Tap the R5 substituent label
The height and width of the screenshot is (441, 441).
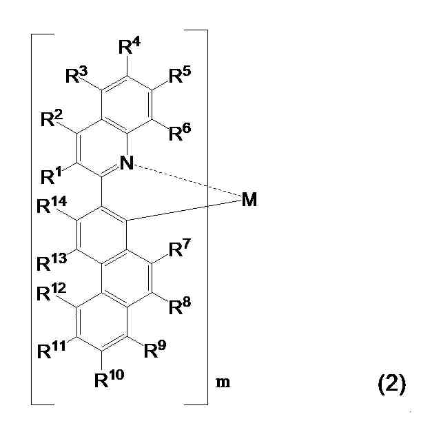(181, 74)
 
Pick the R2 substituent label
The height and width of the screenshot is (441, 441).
(51, 120)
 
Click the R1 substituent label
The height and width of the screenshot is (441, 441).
(51, 176)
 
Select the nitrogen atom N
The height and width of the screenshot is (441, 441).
(125, 163)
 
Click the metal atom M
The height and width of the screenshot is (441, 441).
(249, 200)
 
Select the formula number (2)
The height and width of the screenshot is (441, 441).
(391, 384)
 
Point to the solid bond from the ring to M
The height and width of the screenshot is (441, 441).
(186, 211)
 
